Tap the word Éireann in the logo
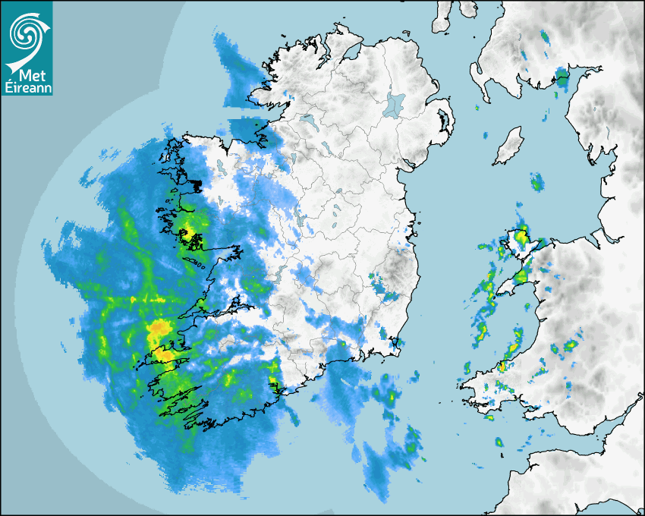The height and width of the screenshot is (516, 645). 28,87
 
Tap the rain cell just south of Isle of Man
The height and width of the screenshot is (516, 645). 537,182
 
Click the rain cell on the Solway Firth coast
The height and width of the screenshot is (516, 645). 562,77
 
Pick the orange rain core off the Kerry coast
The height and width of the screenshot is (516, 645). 159,330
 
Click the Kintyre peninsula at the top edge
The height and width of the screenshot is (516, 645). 442,15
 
